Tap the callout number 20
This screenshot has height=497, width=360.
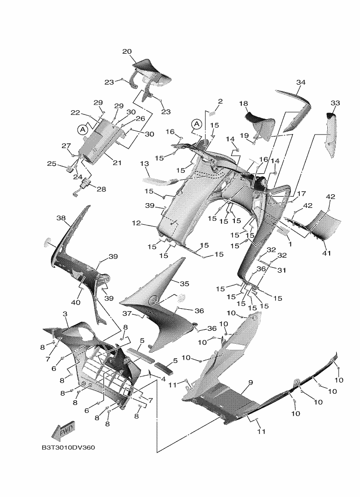coord(127,52)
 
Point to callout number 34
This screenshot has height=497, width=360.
coord(301,82)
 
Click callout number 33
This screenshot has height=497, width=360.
coord(335,103)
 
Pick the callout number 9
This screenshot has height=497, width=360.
coord(251,383)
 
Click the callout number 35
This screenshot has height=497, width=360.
coord(184,284)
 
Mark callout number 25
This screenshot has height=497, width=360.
coord(51,164)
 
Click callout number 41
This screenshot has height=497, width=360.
coord(326,253)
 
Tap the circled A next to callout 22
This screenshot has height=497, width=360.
coord(83,128)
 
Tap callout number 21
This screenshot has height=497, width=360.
coord(117,163)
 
